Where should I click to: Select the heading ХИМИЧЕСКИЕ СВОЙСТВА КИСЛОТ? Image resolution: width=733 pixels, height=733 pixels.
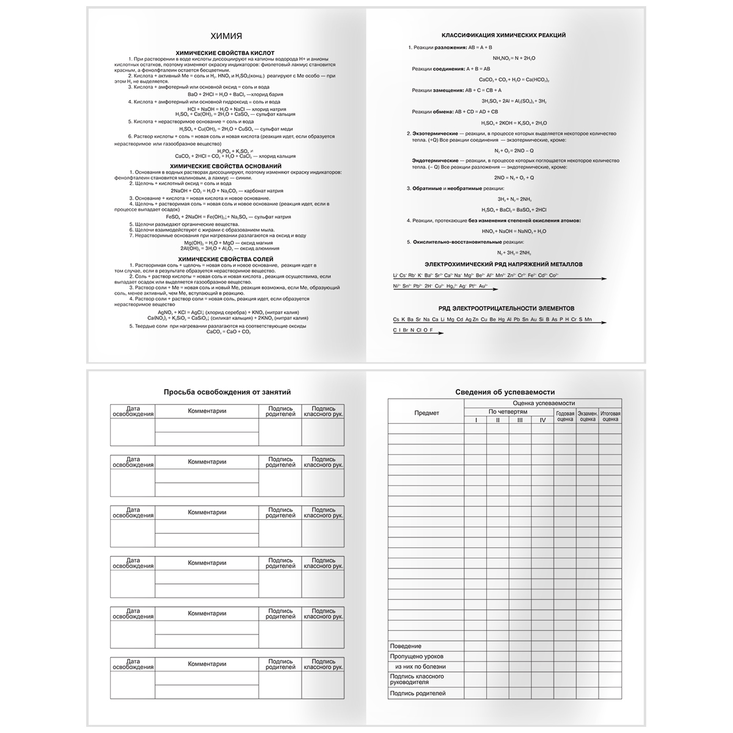point(225,53)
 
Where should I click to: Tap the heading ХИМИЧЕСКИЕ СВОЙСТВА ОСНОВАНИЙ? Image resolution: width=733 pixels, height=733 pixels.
point(225,166)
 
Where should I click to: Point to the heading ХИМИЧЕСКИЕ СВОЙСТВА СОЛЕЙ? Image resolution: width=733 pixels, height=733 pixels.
point(225,259)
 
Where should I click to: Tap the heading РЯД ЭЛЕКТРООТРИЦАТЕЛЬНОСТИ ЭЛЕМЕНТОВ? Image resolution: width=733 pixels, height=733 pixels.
point(506,308)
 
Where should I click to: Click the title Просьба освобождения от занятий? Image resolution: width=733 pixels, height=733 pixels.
point(227,392)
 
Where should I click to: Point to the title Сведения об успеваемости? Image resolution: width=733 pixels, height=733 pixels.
point(505,392)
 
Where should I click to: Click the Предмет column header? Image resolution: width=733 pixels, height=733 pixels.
point(426,414)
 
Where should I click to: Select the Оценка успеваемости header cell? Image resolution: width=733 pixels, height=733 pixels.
point(544,403)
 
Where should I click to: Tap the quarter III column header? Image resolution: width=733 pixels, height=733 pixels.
point(520,420)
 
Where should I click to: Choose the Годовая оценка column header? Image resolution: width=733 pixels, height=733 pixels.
point(565,417)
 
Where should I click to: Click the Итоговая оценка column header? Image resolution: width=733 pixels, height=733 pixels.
point(610,417)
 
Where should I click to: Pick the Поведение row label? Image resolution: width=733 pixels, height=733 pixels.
point(406,646)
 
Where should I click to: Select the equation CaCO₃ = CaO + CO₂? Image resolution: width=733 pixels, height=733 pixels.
point(225,332)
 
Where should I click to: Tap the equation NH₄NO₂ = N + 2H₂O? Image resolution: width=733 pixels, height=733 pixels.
point(514,58)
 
